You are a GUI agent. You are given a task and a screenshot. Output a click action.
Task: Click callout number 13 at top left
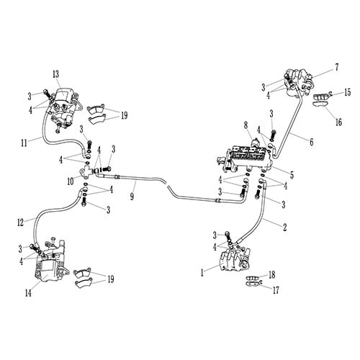point(55,75)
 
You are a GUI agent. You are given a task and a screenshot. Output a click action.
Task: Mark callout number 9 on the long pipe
point(132,194)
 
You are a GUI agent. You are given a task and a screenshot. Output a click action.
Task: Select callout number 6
point(312,142)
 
